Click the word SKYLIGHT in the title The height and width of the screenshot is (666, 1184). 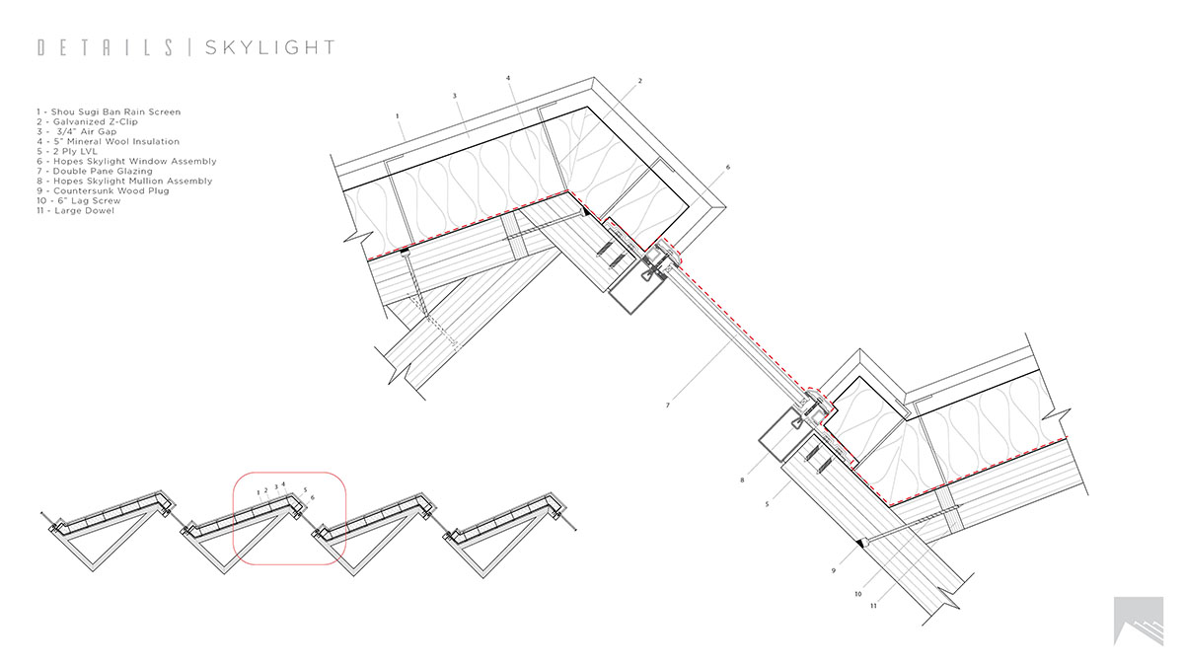269,47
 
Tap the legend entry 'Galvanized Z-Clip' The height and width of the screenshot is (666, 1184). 88,121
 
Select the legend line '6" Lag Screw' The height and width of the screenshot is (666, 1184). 78,200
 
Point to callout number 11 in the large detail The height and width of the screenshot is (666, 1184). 873,606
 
